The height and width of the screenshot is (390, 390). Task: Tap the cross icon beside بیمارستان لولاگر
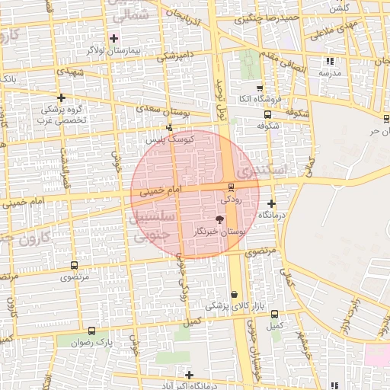coord(114,38)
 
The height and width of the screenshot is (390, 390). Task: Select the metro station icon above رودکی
coord(231,187)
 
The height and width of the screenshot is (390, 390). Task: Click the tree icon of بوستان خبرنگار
coord(220,219)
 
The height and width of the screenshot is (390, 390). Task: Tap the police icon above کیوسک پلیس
coord(170,127)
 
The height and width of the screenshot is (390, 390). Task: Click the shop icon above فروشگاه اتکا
coord(260,88)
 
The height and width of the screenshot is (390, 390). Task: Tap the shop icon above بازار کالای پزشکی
coord(233,294)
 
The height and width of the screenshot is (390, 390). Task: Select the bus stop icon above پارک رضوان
coord(92,331)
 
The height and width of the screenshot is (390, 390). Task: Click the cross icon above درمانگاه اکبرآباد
coord(189,374)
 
